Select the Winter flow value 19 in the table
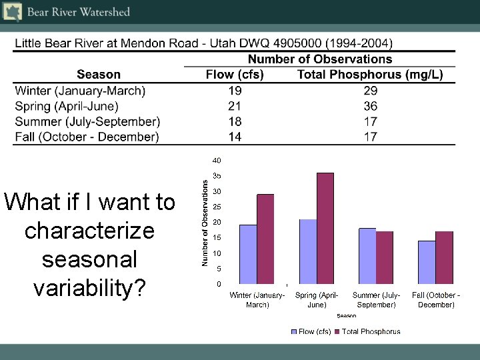(x=235, y=91)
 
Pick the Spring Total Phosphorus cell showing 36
(x=371, y=106)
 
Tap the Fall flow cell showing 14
(x=235, y=137)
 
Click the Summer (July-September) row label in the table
(x=87, y=121)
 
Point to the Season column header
(x=99, y=75)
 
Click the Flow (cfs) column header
(x=235, y=75)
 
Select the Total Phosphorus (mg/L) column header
(x=370, y=75)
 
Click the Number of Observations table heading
(x=320, y=59)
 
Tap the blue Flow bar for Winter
(x=248, y=254)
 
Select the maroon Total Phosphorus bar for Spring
(x=325, y=228)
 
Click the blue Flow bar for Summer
(x=367, y=256)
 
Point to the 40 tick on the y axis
(x=217, y=161)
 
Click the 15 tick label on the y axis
(x=217, y=238)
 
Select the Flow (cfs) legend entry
(x=311, y=331)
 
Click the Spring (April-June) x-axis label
(x=317, y=299)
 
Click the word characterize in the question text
(x=89, y=231)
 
